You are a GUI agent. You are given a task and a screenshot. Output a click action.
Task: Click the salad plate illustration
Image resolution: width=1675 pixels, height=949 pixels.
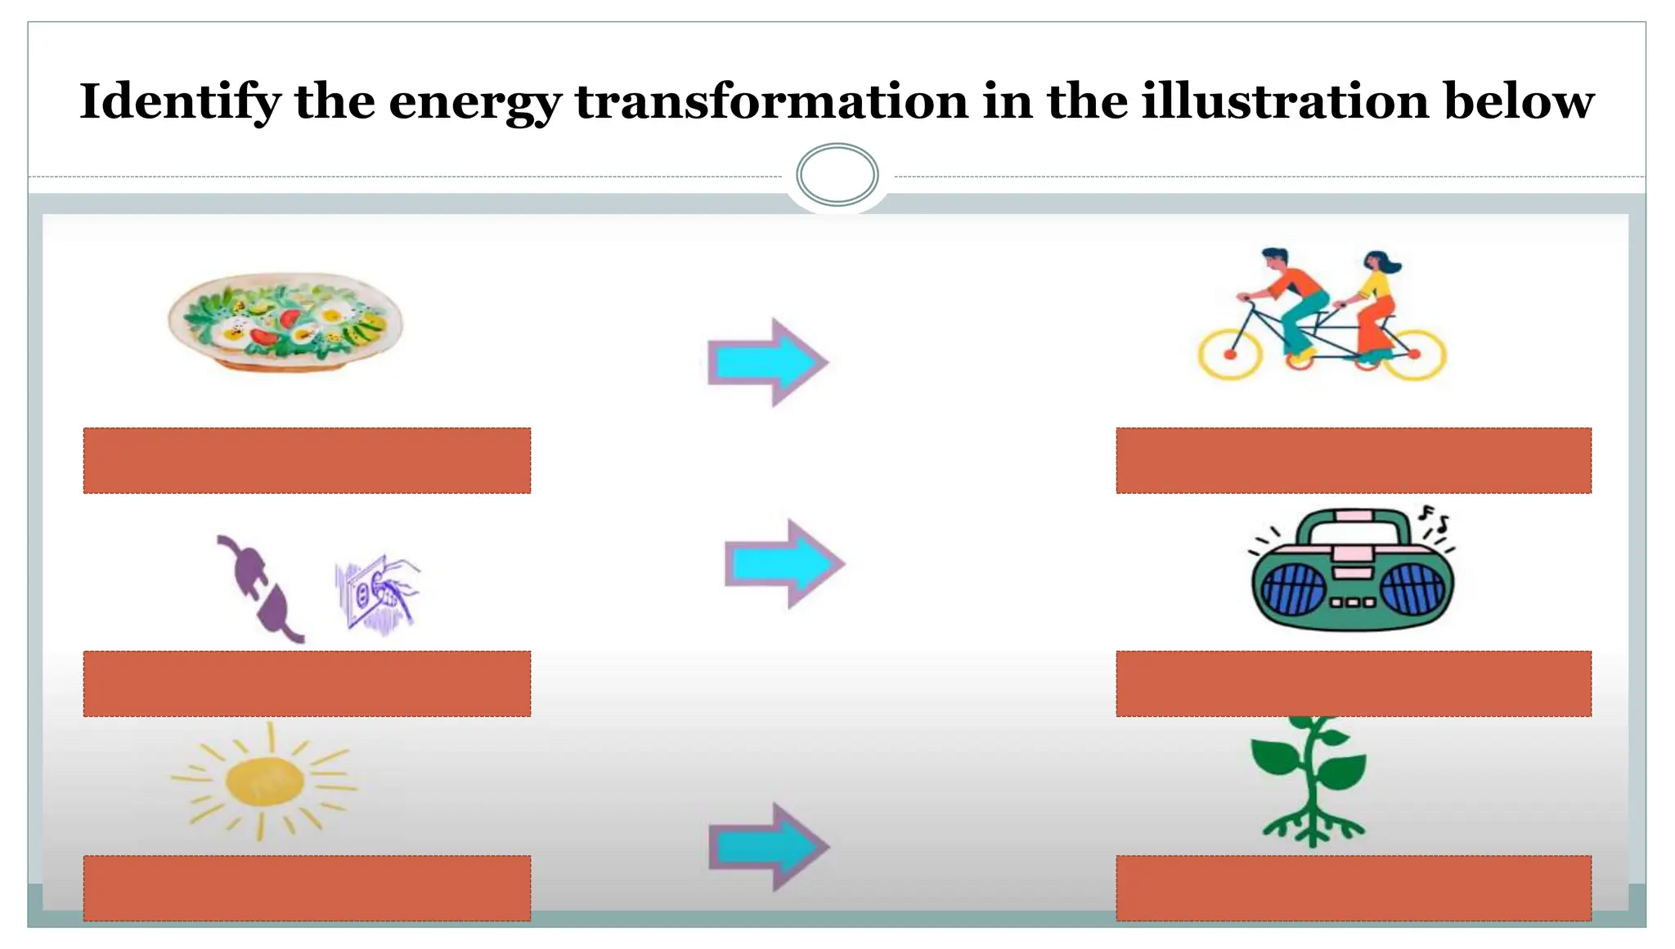285,321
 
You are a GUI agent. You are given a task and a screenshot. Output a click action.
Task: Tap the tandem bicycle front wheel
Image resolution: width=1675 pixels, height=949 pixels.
1229,354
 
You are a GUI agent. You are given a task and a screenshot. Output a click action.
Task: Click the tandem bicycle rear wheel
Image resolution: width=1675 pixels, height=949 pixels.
1415,354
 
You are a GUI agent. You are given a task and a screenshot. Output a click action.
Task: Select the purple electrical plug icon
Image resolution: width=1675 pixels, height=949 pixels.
260,589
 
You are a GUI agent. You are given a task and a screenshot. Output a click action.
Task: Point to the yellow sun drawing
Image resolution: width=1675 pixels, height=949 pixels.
263,781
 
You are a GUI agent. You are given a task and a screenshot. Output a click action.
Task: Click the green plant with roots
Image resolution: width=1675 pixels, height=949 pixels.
1311,781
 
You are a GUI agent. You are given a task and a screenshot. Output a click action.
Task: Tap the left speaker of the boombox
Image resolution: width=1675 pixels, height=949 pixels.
1293,589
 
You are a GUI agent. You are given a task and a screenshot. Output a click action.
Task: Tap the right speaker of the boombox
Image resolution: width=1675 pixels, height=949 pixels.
1412,589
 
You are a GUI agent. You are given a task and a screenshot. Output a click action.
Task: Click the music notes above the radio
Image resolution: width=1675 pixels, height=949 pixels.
1435,518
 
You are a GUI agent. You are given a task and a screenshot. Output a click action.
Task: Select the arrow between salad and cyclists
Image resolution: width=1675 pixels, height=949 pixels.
767,362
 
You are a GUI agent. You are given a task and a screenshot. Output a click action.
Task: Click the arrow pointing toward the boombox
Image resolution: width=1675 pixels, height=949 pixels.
784,563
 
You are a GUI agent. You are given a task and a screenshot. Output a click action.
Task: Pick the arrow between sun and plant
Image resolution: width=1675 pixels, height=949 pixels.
768,846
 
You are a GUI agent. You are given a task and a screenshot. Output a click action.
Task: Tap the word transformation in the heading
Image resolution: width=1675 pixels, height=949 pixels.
771,102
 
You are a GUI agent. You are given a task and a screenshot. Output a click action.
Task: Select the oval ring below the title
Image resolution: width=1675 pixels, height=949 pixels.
837,174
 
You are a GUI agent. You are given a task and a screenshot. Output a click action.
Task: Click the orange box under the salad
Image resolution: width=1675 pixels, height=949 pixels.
307,460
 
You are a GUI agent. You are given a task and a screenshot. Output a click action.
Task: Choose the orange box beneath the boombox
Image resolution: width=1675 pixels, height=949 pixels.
1353,683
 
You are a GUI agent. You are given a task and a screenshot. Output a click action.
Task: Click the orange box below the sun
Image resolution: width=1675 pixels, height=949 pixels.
307,888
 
